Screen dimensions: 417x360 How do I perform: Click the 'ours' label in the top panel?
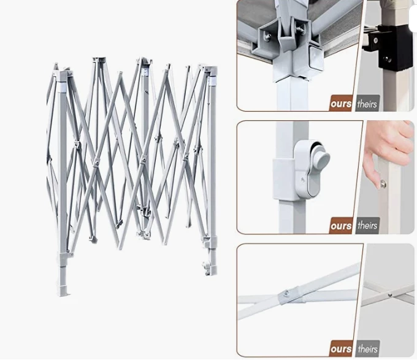[x=341, y=104]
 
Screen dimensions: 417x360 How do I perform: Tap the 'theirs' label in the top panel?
[x=367, y=104]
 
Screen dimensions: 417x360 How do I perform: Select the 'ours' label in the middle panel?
[x=341, y=226]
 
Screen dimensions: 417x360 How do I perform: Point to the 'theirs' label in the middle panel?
[x=367, y=226]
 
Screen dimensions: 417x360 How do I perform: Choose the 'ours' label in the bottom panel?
[x=341, y=348]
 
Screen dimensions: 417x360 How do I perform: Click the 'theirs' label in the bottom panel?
[x=367, y=348]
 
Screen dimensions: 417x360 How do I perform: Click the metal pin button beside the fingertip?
[x=383, y=183]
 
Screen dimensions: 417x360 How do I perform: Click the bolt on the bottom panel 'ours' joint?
[x=286, y=293]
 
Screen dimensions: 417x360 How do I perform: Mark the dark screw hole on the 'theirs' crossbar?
[x=390, y=294]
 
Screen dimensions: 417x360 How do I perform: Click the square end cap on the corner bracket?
[x=316, y=58]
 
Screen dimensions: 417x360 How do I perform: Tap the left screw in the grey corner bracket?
[x=268, y=36]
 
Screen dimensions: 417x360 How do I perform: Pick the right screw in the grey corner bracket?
[x=300, y=29]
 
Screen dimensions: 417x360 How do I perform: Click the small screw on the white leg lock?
[x=303, y=180]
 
